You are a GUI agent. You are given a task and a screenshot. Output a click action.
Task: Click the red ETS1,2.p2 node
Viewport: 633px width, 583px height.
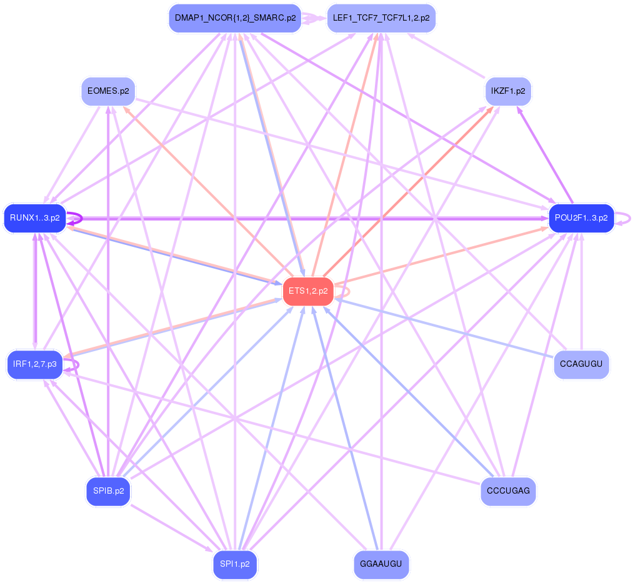tap(307, 291)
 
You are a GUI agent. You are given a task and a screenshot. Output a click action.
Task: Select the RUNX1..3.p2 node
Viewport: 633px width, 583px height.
tap(35, 218)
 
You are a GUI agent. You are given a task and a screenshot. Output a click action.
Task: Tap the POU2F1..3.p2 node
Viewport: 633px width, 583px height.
tap(581, 218)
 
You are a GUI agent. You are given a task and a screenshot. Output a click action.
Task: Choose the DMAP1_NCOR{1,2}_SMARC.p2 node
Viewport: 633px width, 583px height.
tap(235, 18)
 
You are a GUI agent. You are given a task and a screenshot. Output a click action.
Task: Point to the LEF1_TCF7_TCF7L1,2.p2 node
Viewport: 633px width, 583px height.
tap(381, 18)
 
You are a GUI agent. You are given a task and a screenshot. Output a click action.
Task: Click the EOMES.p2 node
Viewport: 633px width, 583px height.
tap(109, 91)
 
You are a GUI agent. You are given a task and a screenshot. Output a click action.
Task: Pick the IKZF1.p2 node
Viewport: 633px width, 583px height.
tap(508, 91)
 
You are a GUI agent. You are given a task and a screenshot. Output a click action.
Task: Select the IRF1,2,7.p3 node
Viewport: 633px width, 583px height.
tap(35, 364)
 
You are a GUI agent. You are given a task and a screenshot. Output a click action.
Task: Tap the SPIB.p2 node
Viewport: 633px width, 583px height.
tap(109, 491)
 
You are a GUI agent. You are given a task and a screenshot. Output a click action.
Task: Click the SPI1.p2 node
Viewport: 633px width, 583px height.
tap(235, 564)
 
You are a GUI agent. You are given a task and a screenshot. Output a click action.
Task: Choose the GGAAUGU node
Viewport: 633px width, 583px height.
tap(381, 564)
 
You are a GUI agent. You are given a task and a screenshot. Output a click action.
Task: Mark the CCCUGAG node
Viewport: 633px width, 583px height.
tap(508, 491)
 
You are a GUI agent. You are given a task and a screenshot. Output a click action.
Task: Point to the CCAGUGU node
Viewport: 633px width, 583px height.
tap(581, 364)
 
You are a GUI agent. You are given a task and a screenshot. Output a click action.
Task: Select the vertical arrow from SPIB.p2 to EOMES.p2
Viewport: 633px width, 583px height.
tap(109, 294)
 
